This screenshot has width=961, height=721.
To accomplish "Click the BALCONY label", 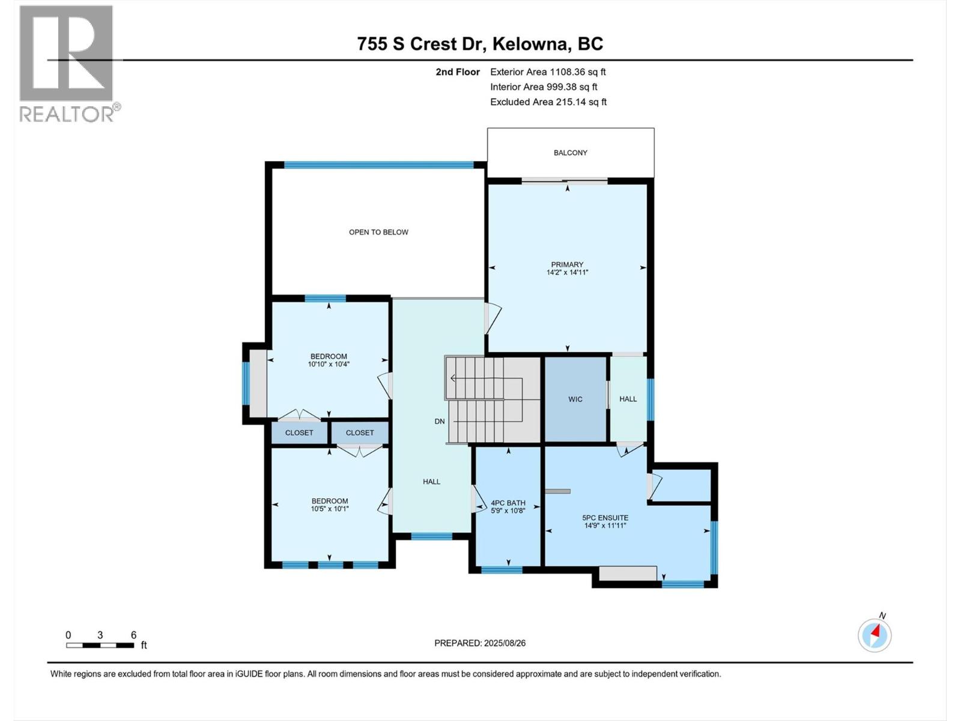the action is pos(570,153).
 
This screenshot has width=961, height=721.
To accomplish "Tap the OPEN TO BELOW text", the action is pos(378,232).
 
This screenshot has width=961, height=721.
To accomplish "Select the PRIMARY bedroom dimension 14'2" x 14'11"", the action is pos(567,272).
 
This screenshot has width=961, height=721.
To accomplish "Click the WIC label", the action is pos(575,399).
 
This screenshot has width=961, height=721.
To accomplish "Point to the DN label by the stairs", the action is pos(440,421).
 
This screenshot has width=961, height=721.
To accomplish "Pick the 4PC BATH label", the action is pos(508,503).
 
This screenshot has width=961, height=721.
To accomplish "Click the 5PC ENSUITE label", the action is pos(605,517).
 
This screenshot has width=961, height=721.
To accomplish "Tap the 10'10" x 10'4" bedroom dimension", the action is pos(329,364).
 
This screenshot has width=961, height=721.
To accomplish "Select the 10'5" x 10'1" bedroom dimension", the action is pos(330,509).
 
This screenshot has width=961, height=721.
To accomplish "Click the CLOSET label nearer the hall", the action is pos(359,433).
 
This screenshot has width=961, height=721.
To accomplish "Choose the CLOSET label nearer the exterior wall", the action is pos(299,433).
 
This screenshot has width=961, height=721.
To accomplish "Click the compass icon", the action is pos(875,635).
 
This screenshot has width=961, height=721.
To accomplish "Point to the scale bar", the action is pos(100,645).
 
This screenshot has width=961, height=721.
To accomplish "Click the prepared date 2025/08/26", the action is pos(505,643).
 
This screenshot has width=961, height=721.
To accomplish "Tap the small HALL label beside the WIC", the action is pos(628,399).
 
